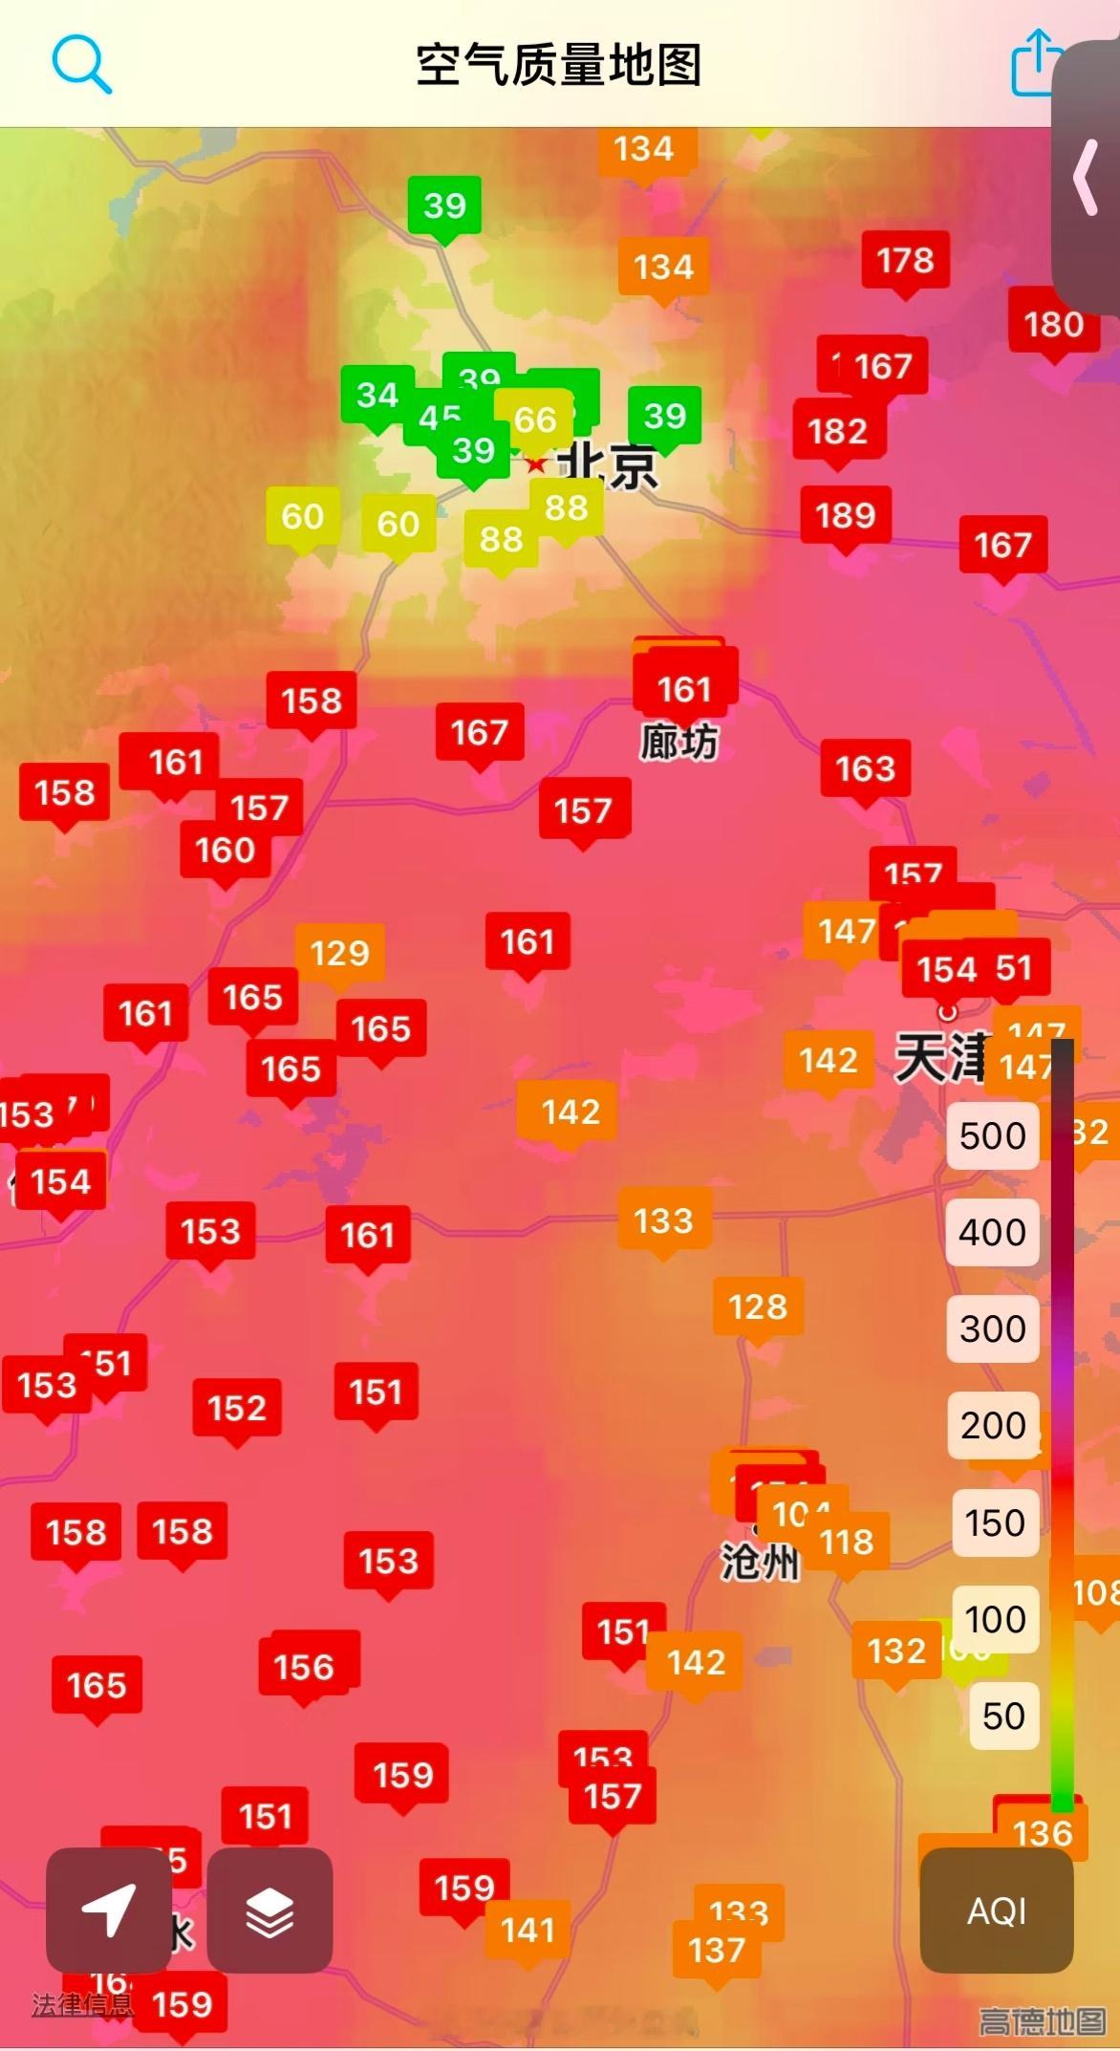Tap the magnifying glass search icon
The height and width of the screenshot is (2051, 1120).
pos(81,64)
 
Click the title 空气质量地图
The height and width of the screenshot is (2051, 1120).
pos(559,65)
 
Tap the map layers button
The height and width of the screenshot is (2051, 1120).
pos(269,1911)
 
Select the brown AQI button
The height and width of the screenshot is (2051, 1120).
pos(997,1911)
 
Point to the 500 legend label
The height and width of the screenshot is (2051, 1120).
pos(992,1135)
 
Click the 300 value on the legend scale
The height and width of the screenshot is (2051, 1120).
pos(992,1328)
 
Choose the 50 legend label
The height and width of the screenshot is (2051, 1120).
pos(1002,1716)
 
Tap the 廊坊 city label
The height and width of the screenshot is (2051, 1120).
pos(678,743)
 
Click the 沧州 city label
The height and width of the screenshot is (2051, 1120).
pos(760,1562)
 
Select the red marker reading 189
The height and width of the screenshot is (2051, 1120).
pos(846,516)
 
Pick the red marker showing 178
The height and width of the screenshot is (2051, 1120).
pos(905,260)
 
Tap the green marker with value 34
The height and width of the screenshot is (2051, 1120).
pos(377,395)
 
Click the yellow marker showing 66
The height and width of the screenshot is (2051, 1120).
pos(534,419)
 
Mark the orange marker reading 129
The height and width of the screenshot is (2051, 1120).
pos(340,953)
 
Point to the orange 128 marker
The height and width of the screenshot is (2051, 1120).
pos(758,1306)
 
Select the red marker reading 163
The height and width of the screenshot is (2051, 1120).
pos(865,768)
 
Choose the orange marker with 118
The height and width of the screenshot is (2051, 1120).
pos(847,1542)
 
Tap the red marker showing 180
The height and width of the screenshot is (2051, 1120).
pos(1053,325)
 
